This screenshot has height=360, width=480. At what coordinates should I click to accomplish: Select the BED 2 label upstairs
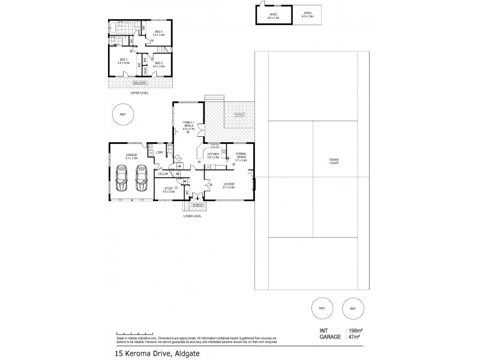click(159, 62)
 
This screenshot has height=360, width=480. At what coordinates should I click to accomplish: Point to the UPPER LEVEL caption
click(140, 93)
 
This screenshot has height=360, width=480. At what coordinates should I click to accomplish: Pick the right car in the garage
click(142, 178)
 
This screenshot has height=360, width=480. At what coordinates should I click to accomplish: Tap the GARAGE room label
click(131, 155)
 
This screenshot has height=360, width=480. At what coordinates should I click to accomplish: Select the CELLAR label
click(163, 173)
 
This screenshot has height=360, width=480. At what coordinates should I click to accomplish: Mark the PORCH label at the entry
click(196, 205)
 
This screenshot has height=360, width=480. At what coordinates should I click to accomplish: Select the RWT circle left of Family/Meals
click(123, 115)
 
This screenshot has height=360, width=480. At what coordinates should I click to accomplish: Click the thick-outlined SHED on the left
click(270, 14)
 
